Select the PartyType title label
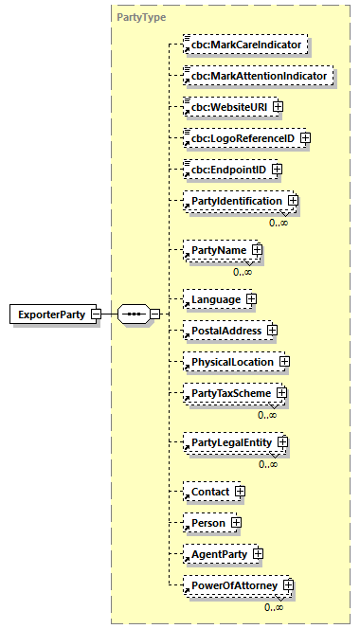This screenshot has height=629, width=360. [x=136, y=17]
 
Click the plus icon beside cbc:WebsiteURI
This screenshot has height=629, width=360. [x=278, y=106]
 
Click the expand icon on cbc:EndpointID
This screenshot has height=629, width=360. [x=277, y=169]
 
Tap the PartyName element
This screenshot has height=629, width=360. [x=215, y=250]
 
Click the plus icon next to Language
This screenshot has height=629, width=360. [x=251, y=298]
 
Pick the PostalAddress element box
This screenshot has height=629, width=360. [x=227, y=330]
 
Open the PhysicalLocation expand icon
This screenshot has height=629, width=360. [x=282, y=362]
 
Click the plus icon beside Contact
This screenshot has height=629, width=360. [x=240, y=492]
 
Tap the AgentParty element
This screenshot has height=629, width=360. [x=220, y=554]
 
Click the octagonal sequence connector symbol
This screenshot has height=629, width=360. [x=135, y=314]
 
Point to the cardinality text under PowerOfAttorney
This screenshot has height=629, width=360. [x=273, y=606]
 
